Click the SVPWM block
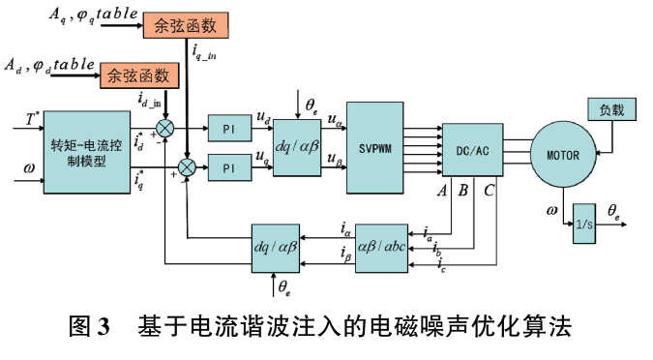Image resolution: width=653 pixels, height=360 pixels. (x=374, y=148)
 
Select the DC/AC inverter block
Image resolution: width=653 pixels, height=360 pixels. (x=472, y=150)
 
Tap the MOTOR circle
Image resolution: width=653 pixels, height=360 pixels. (x=563, y=155)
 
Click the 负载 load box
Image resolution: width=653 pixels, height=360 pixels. (x=611, y=109)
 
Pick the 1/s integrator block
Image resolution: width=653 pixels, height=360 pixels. (x=584, y=224)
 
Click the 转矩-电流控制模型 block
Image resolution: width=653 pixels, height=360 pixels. (x=87, y=152)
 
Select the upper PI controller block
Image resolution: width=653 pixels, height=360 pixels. (x=229, y=129)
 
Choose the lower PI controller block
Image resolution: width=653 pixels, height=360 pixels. (x=229, y=167)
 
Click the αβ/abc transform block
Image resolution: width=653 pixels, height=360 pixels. (x=381, y=249)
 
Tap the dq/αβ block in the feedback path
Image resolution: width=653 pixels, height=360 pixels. (x=276, y=249)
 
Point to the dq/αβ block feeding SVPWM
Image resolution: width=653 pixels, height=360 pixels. (x=297, y=147)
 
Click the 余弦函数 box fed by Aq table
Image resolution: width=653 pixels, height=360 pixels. (x=186, y=25)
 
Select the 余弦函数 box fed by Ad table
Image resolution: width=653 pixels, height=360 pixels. (x=139, y=75)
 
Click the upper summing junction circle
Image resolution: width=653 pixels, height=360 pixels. (x=164, y=128)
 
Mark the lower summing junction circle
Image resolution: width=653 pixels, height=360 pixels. (x=187, y=167)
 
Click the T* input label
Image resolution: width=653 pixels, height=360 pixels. (x=31, y=119)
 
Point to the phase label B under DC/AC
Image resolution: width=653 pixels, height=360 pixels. (x=463, y=191)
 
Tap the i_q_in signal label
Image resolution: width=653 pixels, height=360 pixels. (x=204, y=51)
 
